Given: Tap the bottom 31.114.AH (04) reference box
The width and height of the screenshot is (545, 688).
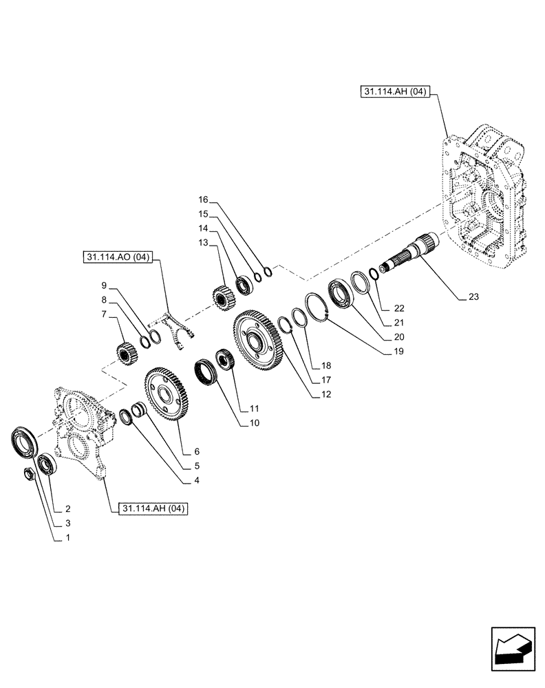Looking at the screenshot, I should tap(149, 508).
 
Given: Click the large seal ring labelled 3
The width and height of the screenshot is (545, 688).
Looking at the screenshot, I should tap(25, 442).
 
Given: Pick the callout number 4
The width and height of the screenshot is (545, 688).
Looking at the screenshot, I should tap(196, 480).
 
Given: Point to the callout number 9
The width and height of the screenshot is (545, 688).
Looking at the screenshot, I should tap(104, 285).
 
